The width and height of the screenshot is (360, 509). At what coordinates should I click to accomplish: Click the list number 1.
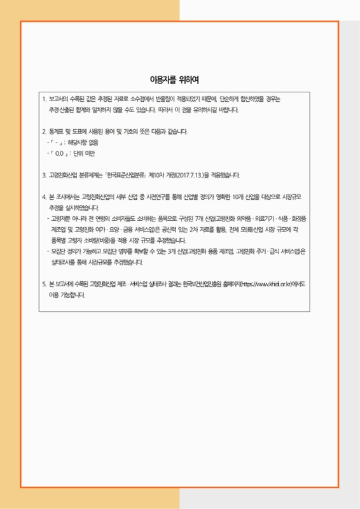[x=43, y=100]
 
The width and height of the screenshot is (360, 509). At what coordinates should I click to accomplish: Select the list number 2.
[x=43, y=132]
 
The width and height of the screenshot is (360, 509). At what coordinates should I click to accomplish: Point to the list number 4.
[x=43, y=197]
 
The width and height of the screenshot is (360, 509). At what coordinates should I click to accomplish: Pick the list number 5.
[x=43, y=284]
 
